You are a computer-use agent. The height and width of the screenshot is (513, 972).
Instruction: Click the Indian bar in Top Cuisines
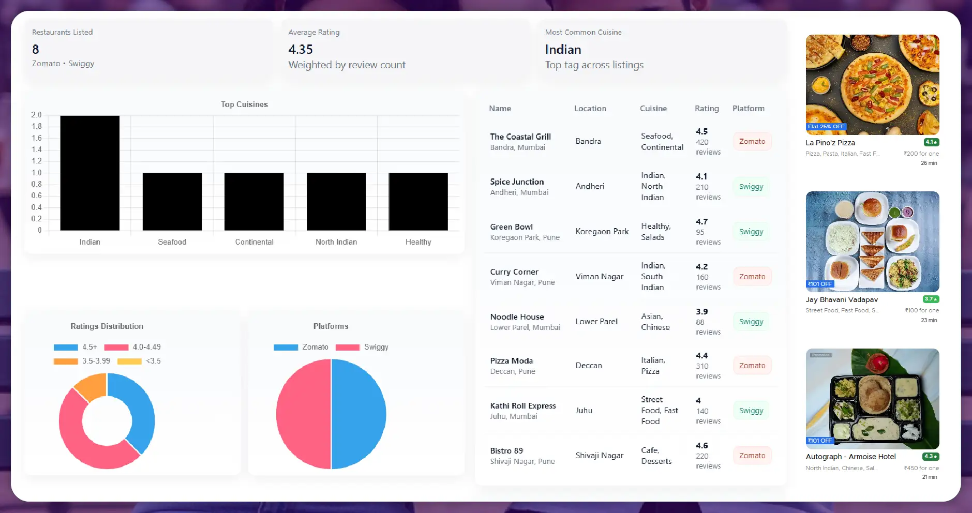point(89,173)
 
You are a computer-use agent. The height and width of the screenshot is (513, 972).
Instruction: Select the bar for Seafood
point(172,202)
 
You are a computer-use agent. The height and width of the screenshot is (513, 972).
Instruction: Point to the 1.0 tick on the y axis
point(37,173)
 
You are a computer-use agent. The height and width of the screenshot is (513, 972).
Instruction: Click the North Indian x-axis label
point(336,242)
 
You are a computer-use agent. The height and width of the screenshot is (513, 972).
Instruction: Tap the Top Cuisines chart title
point(244,104)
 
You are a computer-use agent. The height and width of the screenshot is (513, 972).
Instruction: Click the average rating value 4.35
point(301,50)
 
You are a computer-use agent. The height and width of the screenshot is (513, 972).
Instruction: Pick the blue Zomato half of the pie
point(358,414)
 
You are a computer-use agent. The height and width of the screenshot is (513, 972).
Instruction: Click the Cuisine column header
point(653,109)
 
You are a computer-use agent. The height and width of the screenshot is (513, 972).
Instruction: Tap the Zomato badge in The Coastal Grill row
point(752,141)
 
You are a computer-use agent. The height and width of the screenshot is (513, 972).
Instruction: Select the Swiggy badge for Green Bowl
point(751,232)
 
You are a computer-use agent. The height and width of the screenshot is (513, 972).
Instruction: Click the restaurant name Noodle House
point(517,317)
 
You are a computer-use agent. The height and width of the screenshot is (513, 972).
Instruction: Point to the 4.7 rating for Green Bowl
point(701,222)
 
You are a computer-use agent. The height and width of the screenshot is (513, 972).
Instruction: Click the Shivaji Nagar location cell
point(599,456)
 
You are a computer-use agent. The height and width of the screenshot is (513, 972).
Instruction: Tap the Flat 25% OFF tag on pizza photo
point(826,127)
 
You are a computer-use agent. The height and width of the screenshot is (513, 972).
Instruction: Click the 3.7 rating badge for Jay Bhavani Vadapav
point(931,299)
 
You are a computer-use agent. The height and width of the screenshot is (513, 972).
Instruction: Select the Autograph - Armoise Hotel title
point(850,457)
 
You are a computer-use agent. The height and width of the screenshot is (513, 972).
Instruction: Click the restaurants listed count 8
point(36,50)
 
